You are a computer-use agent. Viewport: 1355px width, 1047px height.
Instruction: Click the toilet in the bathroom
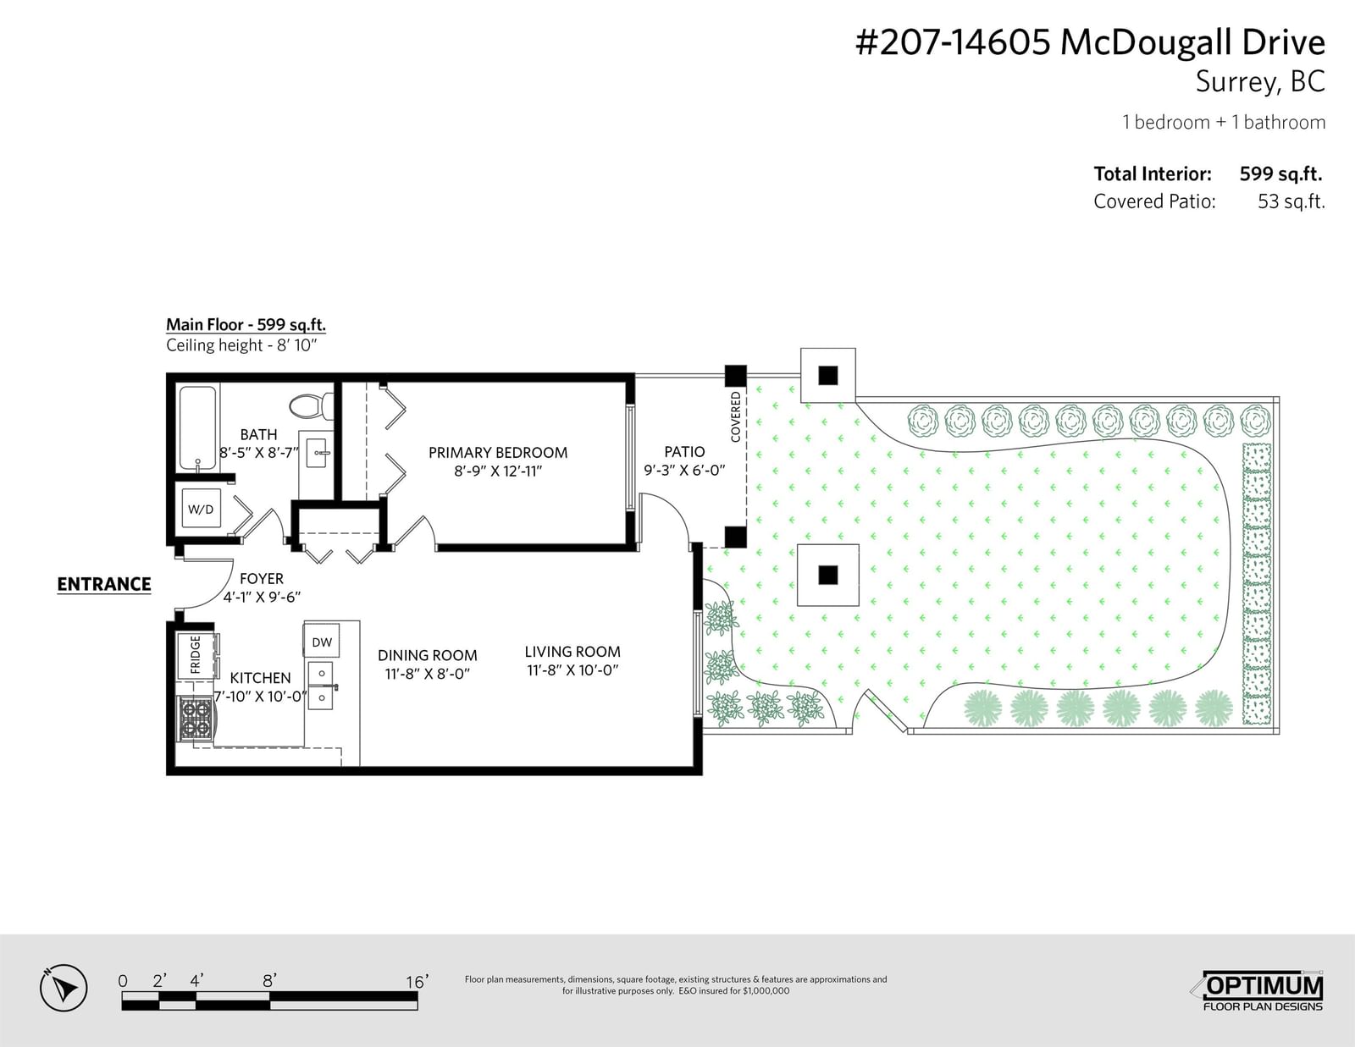[311, 406]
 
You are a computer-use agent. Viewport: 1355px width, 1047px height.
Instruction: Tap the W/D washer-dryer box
[201, 509]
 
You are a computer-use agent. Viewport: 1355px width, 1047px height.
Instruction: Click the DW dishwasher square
[322, 642]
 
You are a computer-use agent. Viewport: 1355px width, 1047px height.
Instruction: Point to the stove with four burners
[196, 719]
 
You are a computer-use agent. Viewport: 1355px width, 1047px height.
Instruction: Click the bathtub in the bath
[198, 429]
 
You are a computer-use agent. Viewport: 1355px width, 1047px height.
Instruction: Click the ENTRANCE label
[104, 584]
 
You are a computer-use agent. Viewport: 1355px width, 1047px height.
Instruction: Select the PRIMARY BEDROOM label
[498, 453]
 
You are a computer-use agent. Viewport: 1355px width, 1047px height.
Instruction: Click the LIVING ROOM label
[572, 652]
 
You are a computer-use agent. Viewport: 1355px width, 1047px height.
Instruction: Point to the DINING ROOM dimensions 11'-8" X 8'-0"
[427, 674]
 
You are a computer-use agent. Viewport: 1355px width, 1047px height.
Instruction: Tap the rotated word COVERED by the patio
[736, 416]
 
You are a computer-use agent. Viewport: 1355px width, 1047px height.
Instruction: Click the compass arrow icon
[64, 989]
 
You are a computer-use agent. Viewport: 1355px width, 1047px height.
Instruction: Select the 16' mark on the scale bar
[417, 982]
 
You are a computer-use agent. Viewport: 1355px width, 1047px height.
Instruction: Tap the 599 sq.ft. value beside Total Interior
[1280, 174]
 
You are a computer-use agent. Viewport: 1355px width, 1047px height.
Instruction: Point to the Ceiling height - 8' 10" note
[242, 345]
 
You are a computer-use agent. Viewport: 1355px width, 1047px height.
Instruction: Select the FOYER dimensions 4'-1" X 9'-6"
[262, 597]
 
